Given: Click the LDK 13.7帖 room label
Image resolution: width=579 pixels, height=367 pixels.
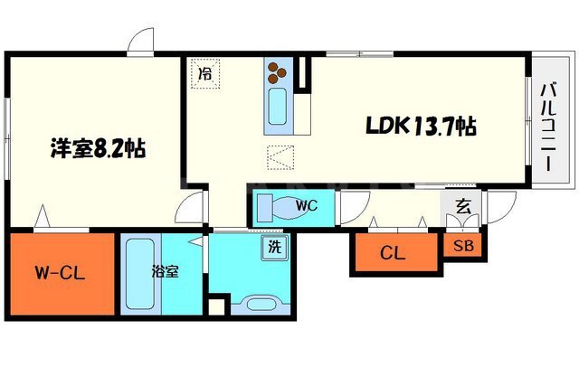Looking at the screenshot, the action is click(421, 127).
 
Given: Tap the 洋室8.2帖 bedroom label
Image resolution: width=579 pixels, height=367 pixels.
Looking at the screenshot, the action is click(98, 148).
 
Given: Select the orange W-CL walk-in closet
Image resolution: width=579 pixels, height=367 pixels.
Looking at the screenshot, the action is click(62, 274).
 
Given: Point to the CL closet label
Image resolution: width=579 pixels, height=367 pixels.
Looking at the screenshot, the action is click(393, 253).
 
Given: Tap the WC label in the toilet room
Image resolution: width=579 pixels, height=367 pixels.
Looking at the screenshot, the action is click(307, 205).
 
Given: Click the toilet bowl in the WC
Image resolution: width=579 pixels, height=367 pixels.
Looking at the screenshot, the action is click(283, 208).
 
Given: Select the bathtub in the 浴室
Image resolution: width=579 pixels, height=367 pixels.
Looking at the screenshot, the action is click(140, 274).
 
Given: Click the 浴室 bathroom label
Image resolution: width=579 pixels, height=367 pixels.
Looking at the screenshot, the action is click(165, 272).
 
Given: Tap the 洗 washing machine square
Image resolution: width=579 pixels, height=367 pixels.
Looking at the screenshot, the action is click(274, 247).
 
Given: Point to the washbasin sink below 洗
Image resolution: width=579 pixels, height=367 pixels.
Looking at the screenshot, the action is click(261, 305).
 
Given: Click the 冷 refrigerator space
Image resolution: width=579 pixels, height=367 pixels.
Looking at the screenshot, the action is click(205, 73).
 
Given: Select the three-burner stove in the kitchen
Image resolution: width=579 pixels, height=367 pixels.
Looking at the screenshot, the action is click(277, 72).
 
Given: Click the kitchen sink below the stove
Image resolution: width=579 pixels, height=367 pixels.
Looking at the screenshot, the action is click(278, 107).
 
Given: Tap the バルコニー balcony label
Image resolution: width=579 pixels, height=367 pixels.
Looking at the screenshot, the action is click(548, 128).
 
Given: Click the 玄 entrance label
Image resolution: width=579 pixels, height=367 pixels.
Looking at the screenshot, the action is click(462, 206).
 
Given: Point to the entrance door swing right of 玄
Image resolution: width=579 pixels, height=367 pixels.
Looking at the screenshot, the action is click(501, 207).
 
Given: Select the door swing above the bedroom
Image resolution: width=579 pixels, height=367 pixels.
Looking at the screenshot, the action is click(140, 42).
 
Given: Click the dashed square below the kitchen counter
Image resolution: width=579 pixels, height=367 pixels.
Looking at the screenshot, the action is click(280, 157).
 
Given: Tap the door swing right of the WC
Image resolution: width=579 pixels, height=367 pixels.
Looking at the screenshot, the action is click(355, 207).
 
